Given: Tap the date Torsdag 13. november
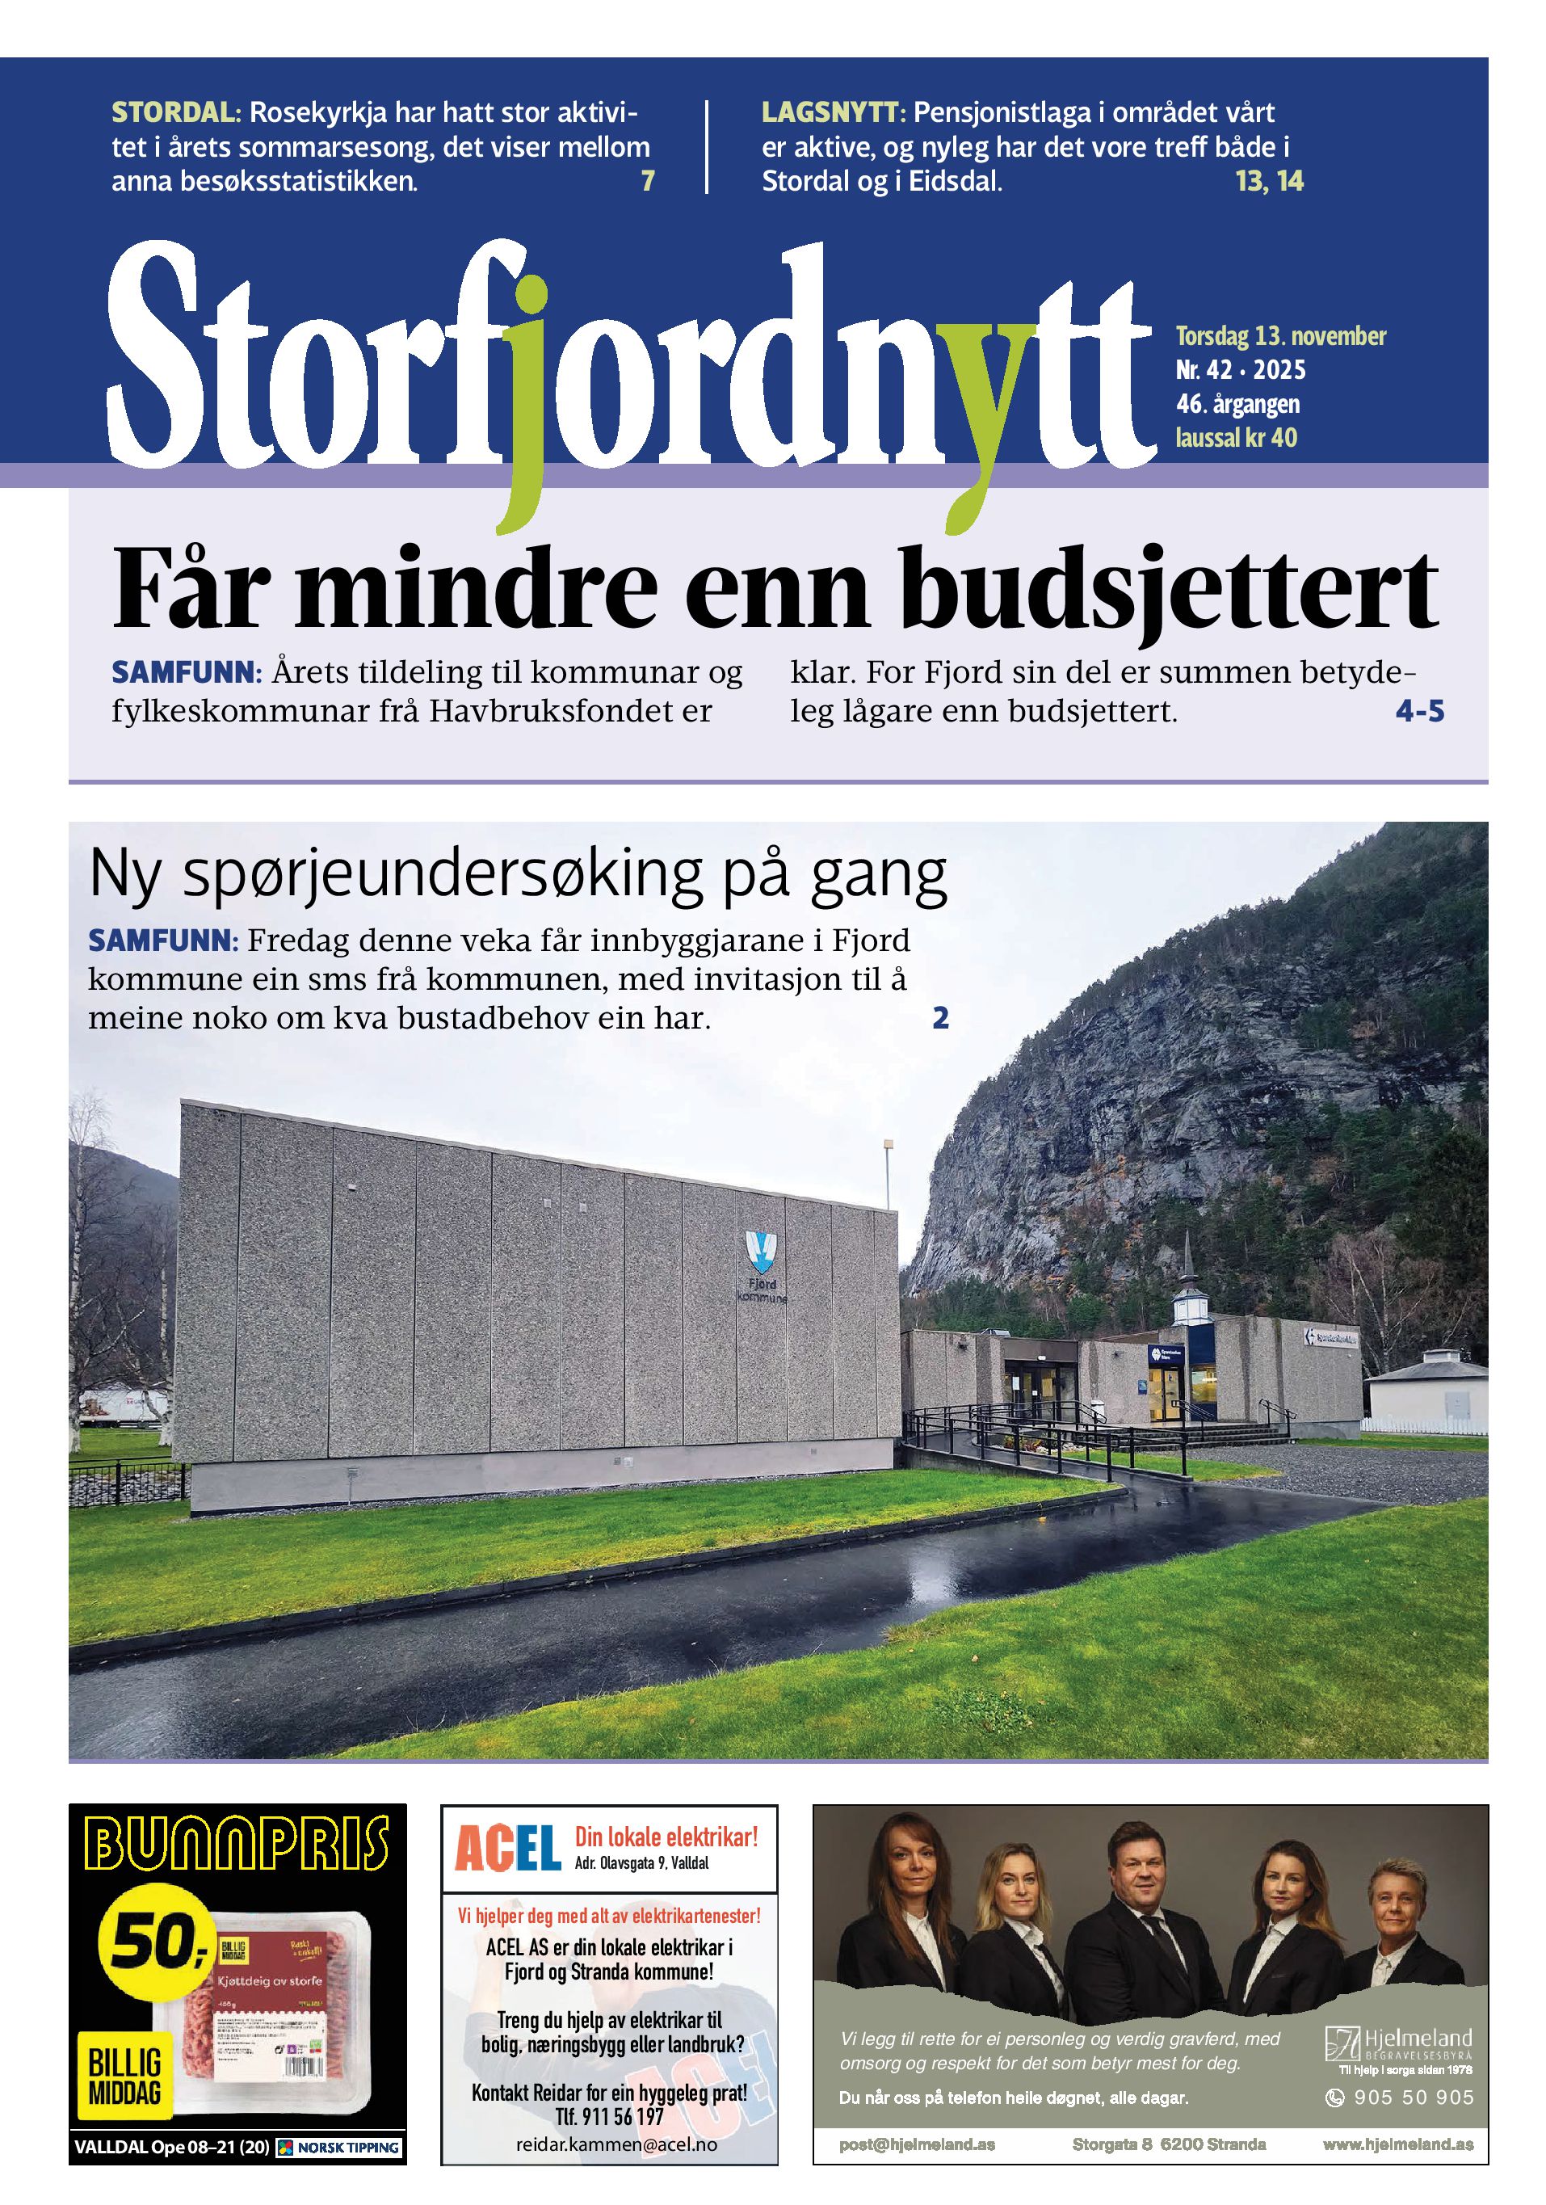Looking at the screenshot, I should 1280,337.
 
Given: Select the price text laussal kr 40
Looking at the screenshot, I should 1236,439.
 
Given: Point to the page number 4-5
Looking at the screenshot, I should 1419,712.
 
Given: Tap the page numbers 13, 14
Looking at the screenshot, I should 1270,182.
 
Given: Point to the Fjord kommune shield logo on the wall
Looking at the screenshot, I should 762,1252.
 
